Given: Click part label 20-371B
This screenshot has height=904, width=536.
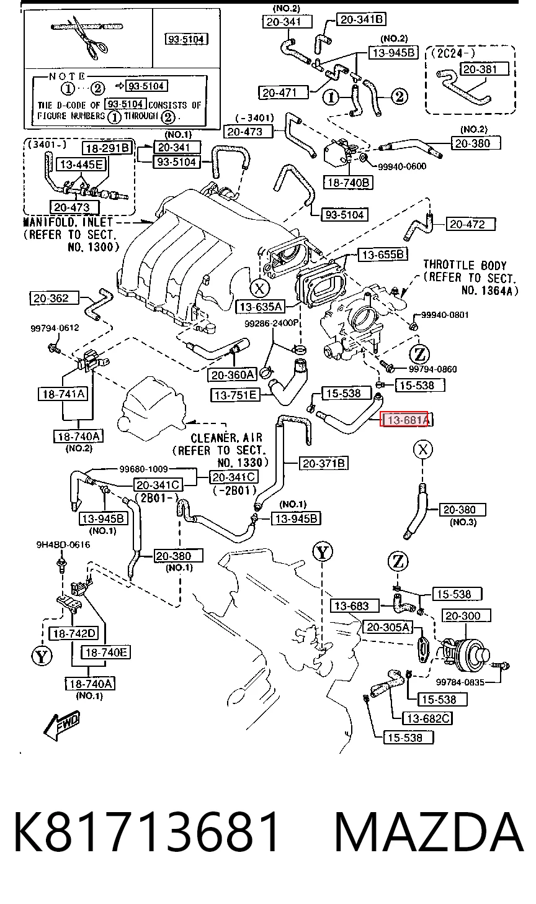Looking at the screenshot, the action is (323, 463).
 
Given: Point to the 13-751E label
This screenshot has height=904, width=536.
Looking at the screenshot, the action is (236, 395).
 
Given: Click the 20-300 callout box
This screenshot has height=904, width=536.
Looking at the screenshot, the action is (467, 616).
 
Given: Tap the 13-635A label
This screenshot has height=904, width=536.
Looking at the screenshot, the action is (261, 307).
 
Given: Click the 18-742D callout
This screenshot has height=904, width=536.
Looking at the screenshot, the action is (74, 633).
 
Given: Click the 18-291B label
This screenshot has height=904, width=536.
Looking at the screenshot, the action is (108, 148).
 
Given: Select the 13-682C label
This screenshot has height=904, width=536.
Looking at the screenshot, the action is (427, 718).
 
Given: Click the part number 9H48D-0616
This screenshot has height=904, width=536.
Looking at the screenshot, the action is (63, 545).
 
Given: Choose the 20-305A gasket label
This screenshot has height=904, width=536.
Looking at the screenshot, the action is (388, 627).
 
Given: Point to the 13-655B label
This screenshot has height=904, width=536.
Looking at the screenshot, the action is (383, 255).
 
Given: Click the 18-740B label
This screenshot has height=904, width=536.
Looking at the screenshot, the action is (349, 183).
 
